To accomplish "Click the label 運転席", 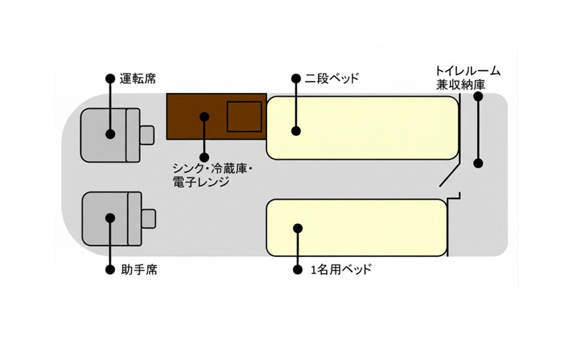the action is [x=138, y=79].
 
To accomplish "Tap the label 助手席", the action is [x=139, y=270].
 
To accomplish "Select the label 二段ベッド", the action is [x=332, y=78].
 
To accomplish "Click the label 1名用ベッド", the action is [x=341, y=270].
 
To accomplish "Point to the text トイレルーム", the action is [x=468, y=71].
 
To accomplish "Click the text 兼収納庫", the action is [x=461, y=85].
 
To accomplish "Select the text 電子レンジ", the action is [x=201, y=182].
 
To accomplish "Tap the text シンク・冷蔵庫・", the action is [x=213, y=169].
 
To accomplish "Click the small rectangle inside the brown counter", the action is [x=245, y=117].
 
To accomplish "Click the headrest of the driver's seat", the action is [x=147, y=135].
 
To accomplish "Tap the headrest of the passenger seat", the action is [x=149, y=219].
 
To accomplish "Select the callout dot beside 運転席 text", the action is [x=110, y=78].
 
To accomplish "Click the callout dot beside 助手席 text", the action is [x=110, y=270].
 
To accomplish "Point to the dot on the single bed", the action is [x=298, y=228].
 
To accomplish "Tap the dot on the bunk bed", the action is [x=296, y=131].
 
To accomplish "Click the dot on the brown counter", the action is [x=205, y=117].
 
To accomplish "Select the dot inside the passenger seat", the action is [x=110, y=218].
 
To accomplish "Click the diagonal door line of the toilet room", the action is [x=449, y=176].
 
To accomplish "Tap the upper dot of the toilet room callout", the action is [x=478, y=97].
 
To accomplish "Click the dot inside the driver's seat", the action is [x=110, y=134].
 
